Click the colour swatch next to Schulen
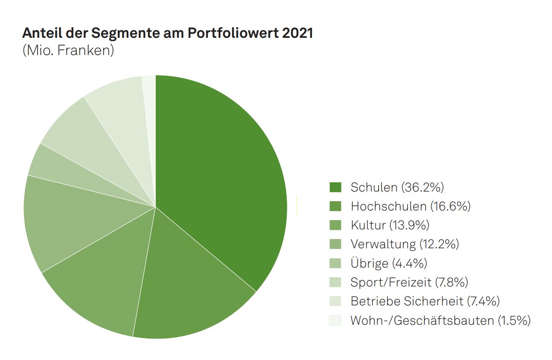click(x=335, y=187)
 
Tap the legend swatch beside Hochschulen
click(x=335, y=206)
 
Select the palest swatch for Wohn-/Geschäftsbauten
click(x=335, y=321)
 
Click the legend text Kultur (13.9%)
click(x=390, y=225)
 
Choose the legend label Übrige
click(x=369, y=263)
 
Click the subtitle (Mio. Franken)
click(x=68, y=50)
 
